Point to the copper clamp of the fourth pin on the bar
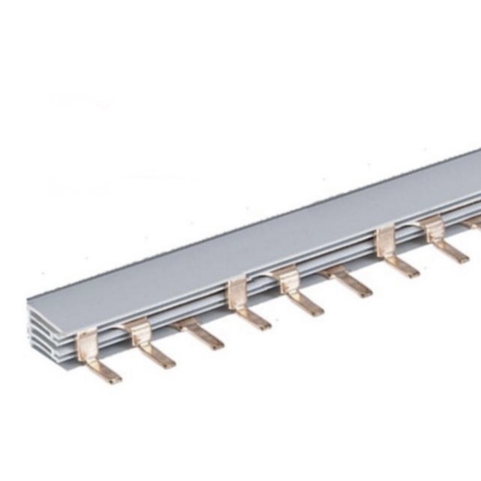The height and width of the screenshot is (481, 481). (x=237, y=294)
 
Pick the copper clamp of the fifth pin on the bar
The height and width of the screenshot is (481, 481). (x=288, y=280)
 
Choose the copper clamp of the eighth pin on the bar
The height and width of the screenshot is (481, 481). (x=435, y=228)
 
